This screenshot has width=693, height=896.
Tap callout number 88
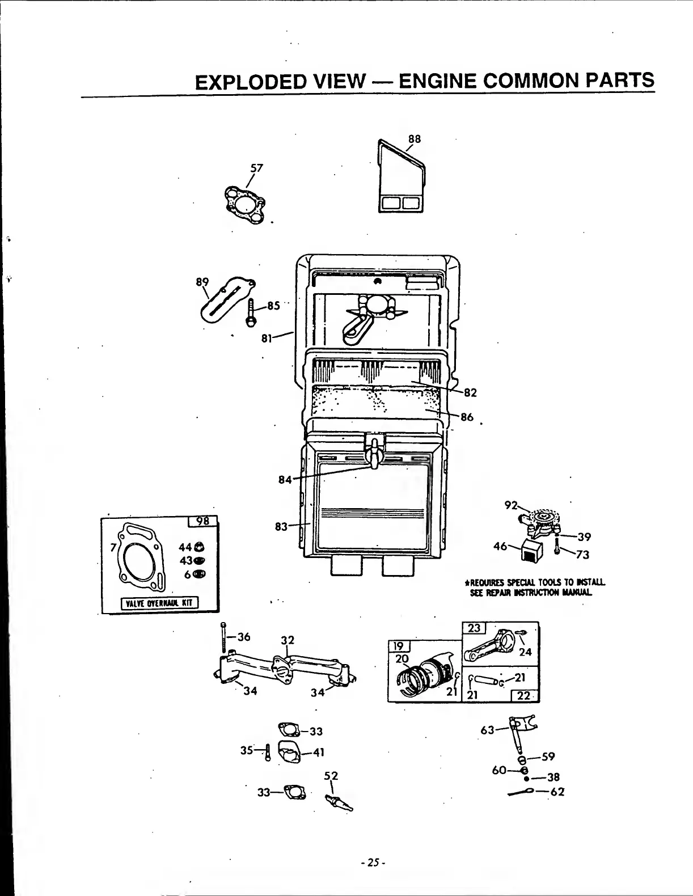pyautogui.click(x=415, y=138)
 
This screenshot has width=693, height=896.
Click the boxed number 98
pyautogui.click(x=202, y=522)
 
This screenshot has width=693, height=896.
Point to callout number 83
pyautogui.click(x=281, y=526)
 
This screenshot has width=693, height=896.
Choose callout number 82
pyautogui.click(x=470, y=392)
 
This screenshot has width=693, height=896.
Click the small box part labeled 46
pyautogui.click(x=533, y=550)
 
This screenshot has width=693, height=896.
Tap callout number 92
pyautogui.click(x=511, y=505)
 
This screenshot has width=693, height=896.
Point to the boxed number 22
pyautogui.click(x=523, y=695)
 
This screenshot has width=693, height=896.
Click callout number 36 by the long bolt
pyautogui.click(x=244, y=637)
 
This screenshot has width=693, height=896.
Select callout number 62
pyautogui.click(x=557, y=792)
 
